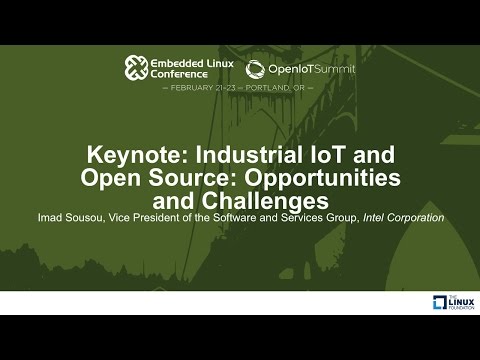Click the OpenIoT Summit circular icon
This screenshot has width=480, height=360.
[x=256, y=68]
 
